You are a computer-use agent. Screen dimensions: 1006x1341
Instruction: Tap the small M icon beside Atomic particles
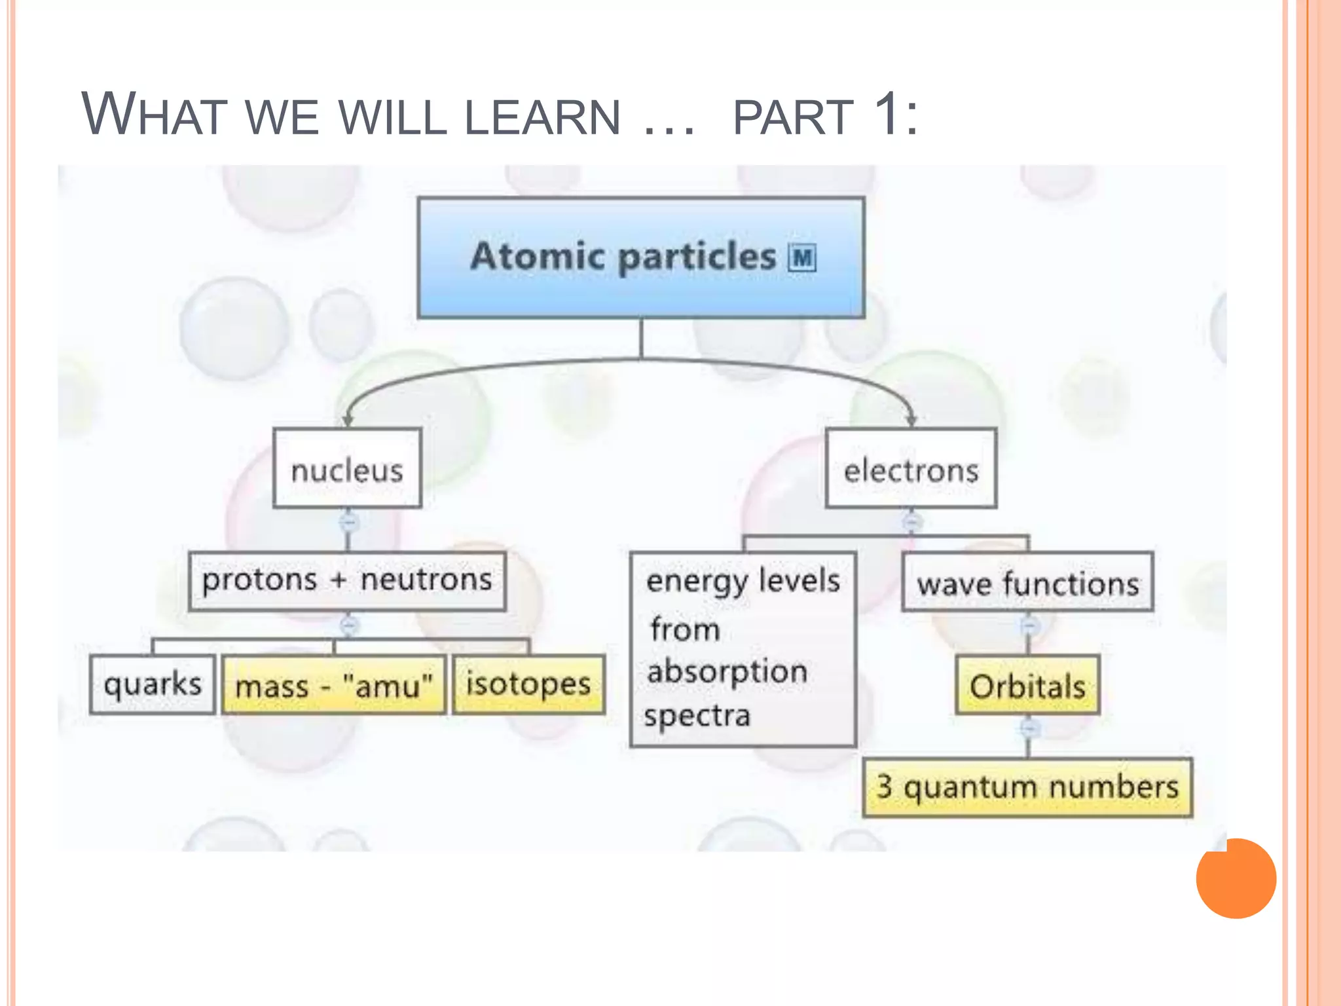(x=802, y=257)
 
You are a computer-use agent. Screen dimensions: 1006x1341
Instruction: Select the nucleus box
(x=347, y=469)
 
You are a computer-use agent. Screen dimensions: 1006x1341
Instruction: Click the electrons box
(x=911, y=469)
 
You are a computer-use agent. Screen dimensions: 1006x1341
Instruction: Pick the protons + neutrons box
(x=347, y=581)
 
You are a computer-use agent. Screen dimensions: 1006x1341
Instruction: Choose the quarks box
(x=153, y=684)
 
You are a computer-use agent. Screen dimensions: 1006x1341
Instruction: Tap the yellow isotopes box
(x=528, y=684)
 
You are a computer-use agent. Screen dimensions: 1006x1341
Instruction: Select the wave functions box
(x=1027, y=582)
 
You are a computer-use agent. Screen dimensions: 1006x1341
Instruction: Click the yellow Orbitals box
(x=1027, y=686)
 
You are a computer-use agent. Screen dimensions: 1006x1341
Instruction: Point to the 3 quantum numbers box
(x=1027, y=787)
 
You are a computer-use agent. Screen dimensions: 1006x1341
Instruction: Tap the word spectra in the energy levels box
(x=697, y=715)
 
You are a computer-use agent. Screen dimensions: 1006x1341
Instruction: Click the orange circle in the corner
(x=1236, y=878)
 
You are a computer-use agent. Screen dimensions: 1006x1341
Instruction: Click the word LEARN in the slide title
(x=542, y=118)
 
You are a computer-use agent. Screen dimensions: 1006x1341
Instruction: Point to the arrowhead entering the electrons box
(x=911, y=420)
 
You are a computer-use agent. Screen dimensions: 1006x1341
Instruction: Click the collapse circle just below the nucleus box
(x=348, y=523)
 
